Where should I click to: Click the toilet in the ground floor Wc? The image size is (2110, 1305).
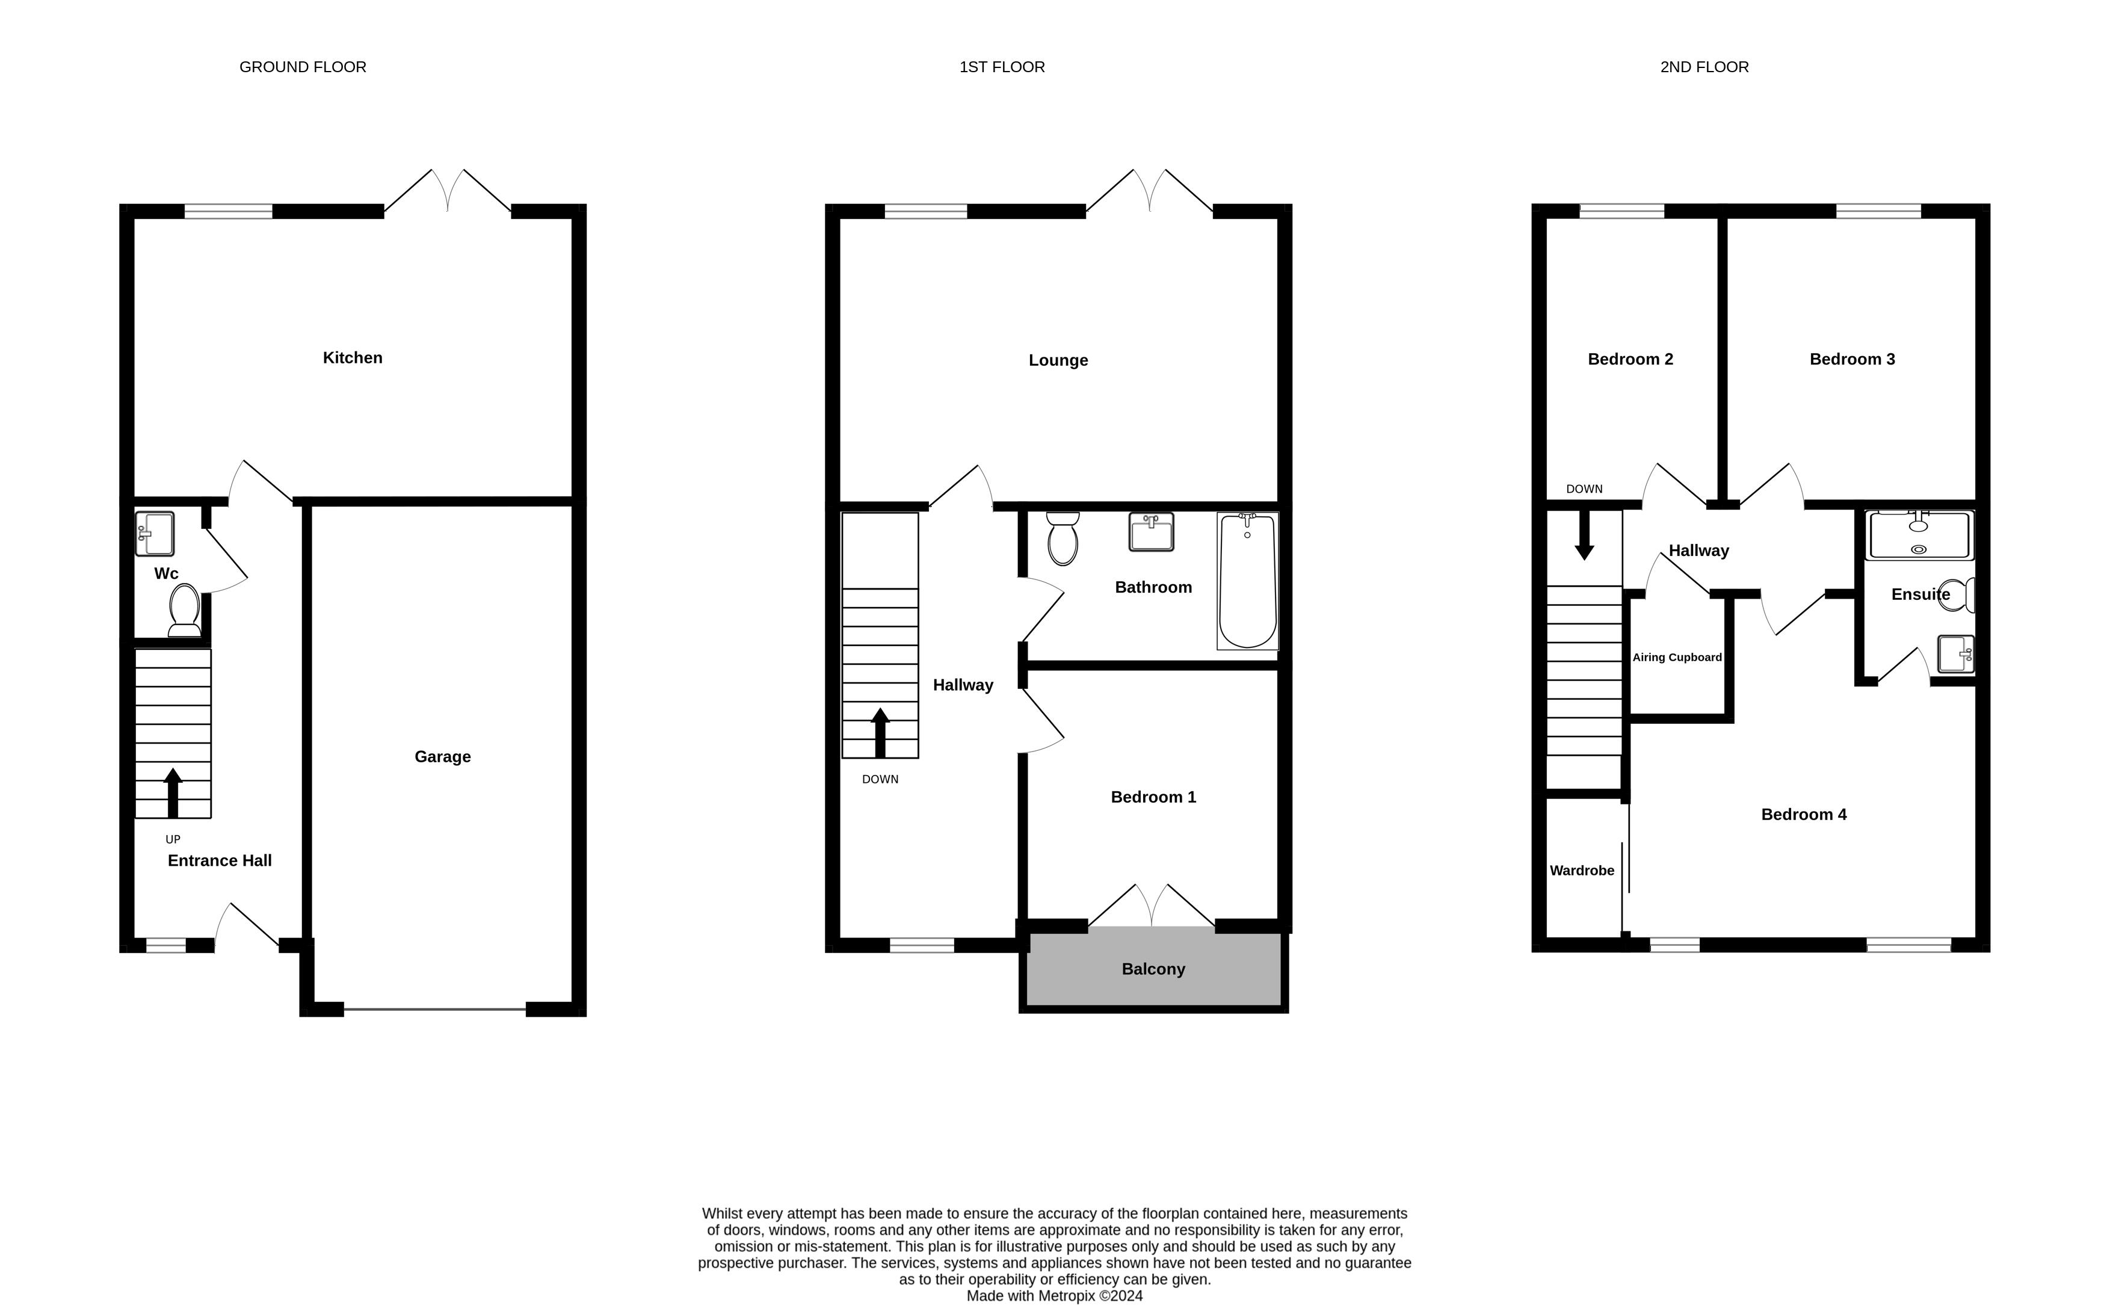click(185, 610)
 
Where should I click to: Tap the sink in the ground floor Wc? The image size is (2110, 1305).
click(155, 534)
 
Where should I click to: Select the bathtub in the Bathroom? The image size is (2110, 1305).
click(1248, 581)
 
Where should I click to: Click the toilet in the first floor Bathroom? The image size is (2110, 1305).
click(1063, 538)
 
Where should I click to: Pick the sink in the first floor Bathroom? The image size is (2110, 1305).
click(1151, 532)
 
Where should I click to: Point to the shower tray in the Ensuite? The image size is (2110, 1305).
click(1919, 535)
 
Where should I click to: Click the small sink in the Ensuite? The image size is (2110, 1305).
click(1955, 653)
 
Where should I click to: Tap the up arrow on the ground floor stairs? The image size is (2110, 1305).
click(173, 792)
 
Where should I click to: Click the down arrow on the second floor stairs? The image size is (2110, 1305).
click(1584, 535)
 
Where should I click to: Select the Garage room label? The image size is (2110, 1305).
click(443, 757)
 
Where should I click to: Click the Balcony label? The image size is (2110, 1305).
click(1153, 969)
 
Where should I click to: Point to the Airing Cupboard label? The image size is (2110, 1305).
click(1677, 658)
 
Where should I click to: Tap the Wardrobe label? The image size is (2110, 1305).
click(1582, 871)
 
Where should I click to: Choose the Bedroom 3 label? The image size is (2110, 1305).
click(1852, 359)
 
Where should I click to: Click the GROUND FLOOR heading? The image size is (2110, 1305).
click(303, 67)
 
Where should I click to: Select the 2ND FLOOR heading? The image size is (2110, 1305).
click(1704, 67)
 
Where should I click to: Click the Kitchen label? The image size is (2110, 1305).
click(352, 357)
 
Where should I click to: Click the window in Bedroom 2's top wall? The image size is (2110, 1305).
click(1621, 211)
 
